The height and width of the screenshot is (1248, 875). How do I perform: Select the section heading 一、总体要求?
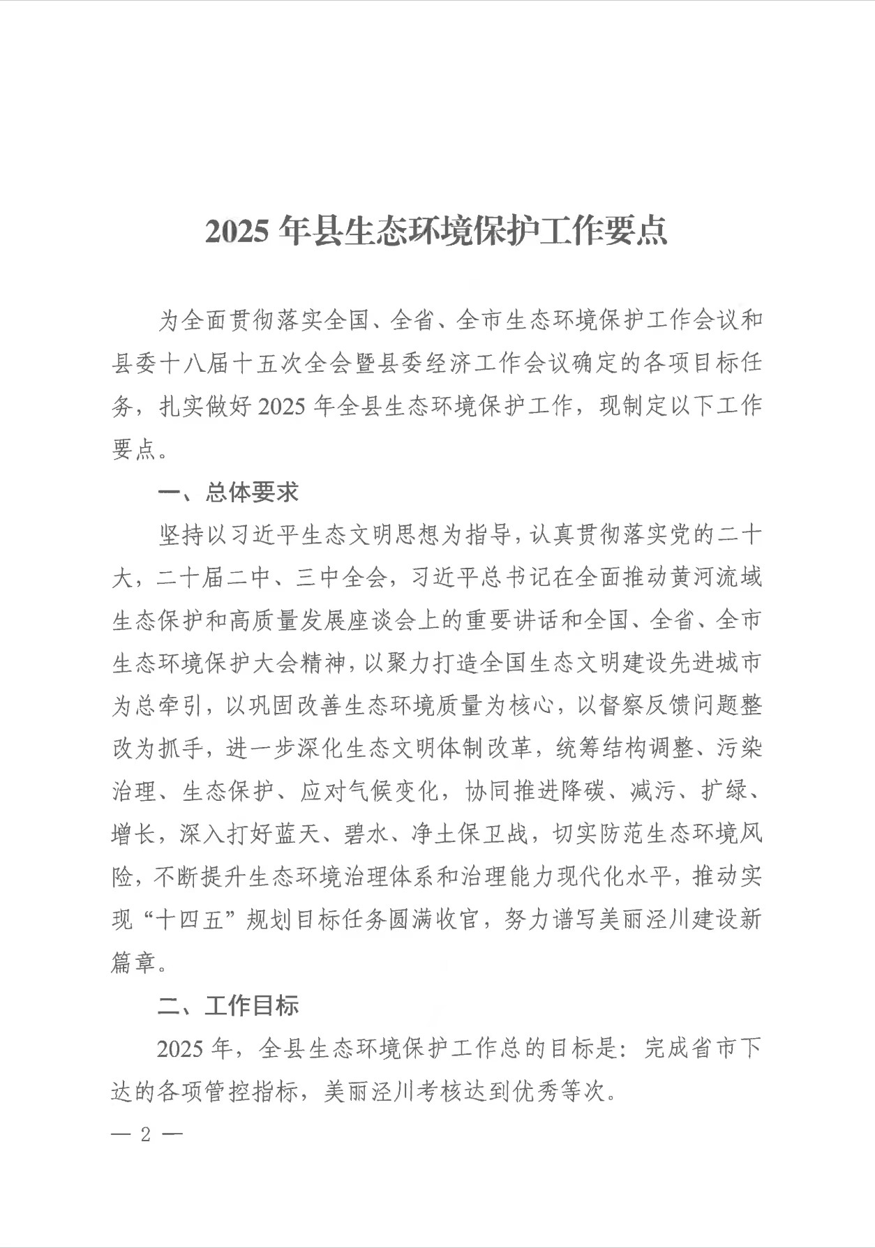pyautogui.click(x=229, y=493)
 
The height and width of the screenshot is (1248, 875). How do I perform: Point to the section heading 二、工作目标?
pyautogui.click(x=229, y=1005)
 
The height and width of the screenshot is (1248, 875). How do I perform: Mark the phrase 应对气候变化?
pyautogui.click(x=370, y=792)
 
